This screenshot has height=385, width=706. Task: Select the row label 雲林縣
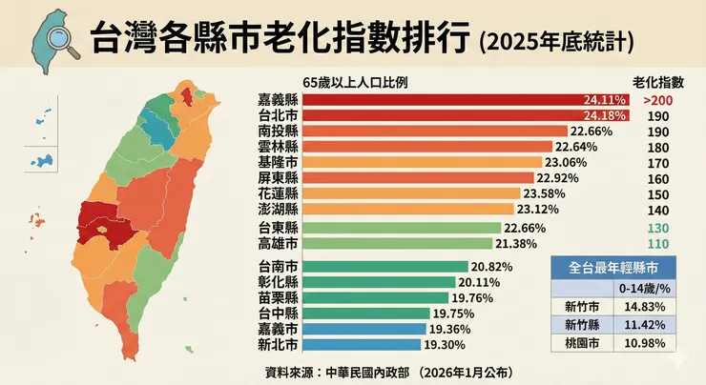click(x=278, y=147)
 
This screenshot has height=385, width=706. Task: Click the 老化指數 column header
click(x=658, y=81)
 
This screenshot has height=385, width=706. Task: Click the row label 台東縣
click(x=278, y=229)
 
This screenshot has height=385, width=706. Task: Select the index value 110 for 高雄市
click(x=658, y=245)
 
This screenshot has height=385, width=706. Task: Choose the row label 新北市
click(x=278, y=343)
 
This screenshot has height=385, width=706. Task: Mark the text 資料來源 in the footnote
click(x=291, y=370)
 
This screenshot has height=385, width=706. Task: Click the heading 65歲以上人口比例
click(x=354, y=81)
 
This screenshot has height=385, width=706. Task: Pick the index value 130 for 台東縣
click(x=658, y=229)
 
